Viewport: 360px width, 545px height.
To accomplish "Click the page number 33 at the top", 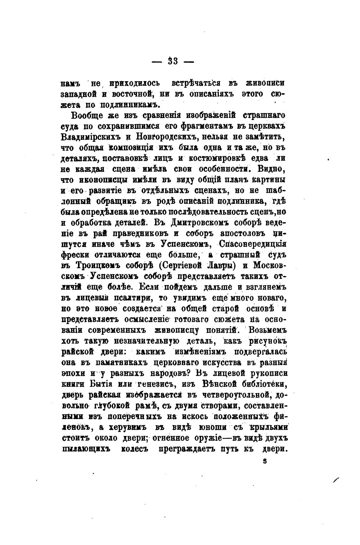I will click(x=173, y=61).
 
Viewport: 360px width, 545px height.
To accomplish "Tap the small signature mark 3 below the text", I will click(x=265, y=461).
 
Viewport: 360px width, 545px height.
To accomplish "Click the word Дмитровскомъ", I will click(x=199, y=222).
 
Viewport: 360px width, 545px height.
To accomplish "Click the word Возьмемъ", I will click(x=267, y=330).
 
